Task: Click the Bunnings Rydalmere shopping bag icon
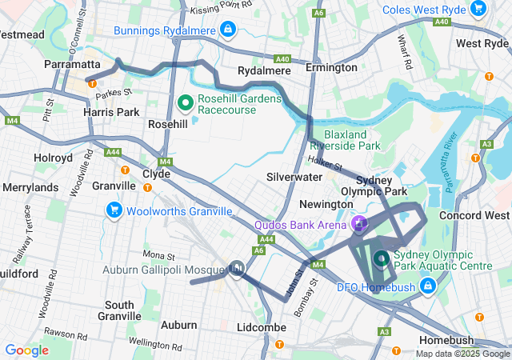tap(228, 30)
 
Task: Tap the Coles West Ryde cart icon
tap(478, 9)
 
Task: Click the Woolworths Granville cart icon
tap(114, 210)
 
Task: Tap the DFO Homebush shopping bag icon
tap(429, 284)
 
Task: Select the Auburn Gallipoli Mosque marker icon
tap(236, 270)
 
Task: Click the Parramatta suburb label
tap(72, 64)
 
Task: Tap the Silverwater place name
tap(294, 176)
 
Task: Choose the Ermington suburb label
tap(331, 68)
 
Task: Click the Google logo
tap(26, 350)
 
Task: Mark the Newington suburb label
tap(303, 204)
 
